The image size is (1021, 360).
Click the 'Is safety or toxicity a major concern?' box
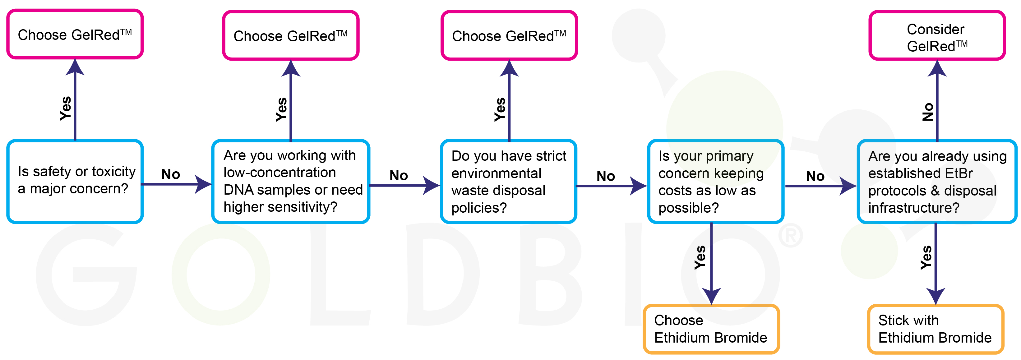75,181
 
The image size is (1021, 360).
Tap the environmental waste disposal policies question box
509,181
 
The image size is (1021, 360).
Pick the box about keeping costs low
715,181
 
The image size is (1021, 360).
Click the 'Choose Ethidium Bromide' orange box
711,329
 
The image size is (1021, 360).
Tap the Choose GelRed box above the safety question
75,35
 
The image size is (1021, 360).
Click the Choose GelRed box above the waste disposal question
509,36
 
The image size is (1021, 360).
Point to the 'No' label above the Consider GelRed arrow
928,112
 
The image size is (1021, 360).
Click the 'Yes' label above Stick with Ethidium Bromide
926,258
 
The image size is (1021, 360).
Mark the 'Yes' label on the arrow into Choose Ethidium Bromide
700,258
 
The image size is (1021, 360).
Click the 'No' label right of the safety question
170,174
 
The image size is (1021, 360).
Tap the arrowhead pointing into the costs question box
639,186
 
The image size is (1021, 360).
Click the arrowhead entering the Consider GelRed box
937,68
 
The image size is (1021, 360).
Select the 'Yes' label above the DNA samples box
281,109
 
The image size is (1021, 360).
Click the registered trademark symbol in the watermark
790,236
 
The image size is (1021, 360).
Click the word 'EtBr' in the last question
959,173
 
